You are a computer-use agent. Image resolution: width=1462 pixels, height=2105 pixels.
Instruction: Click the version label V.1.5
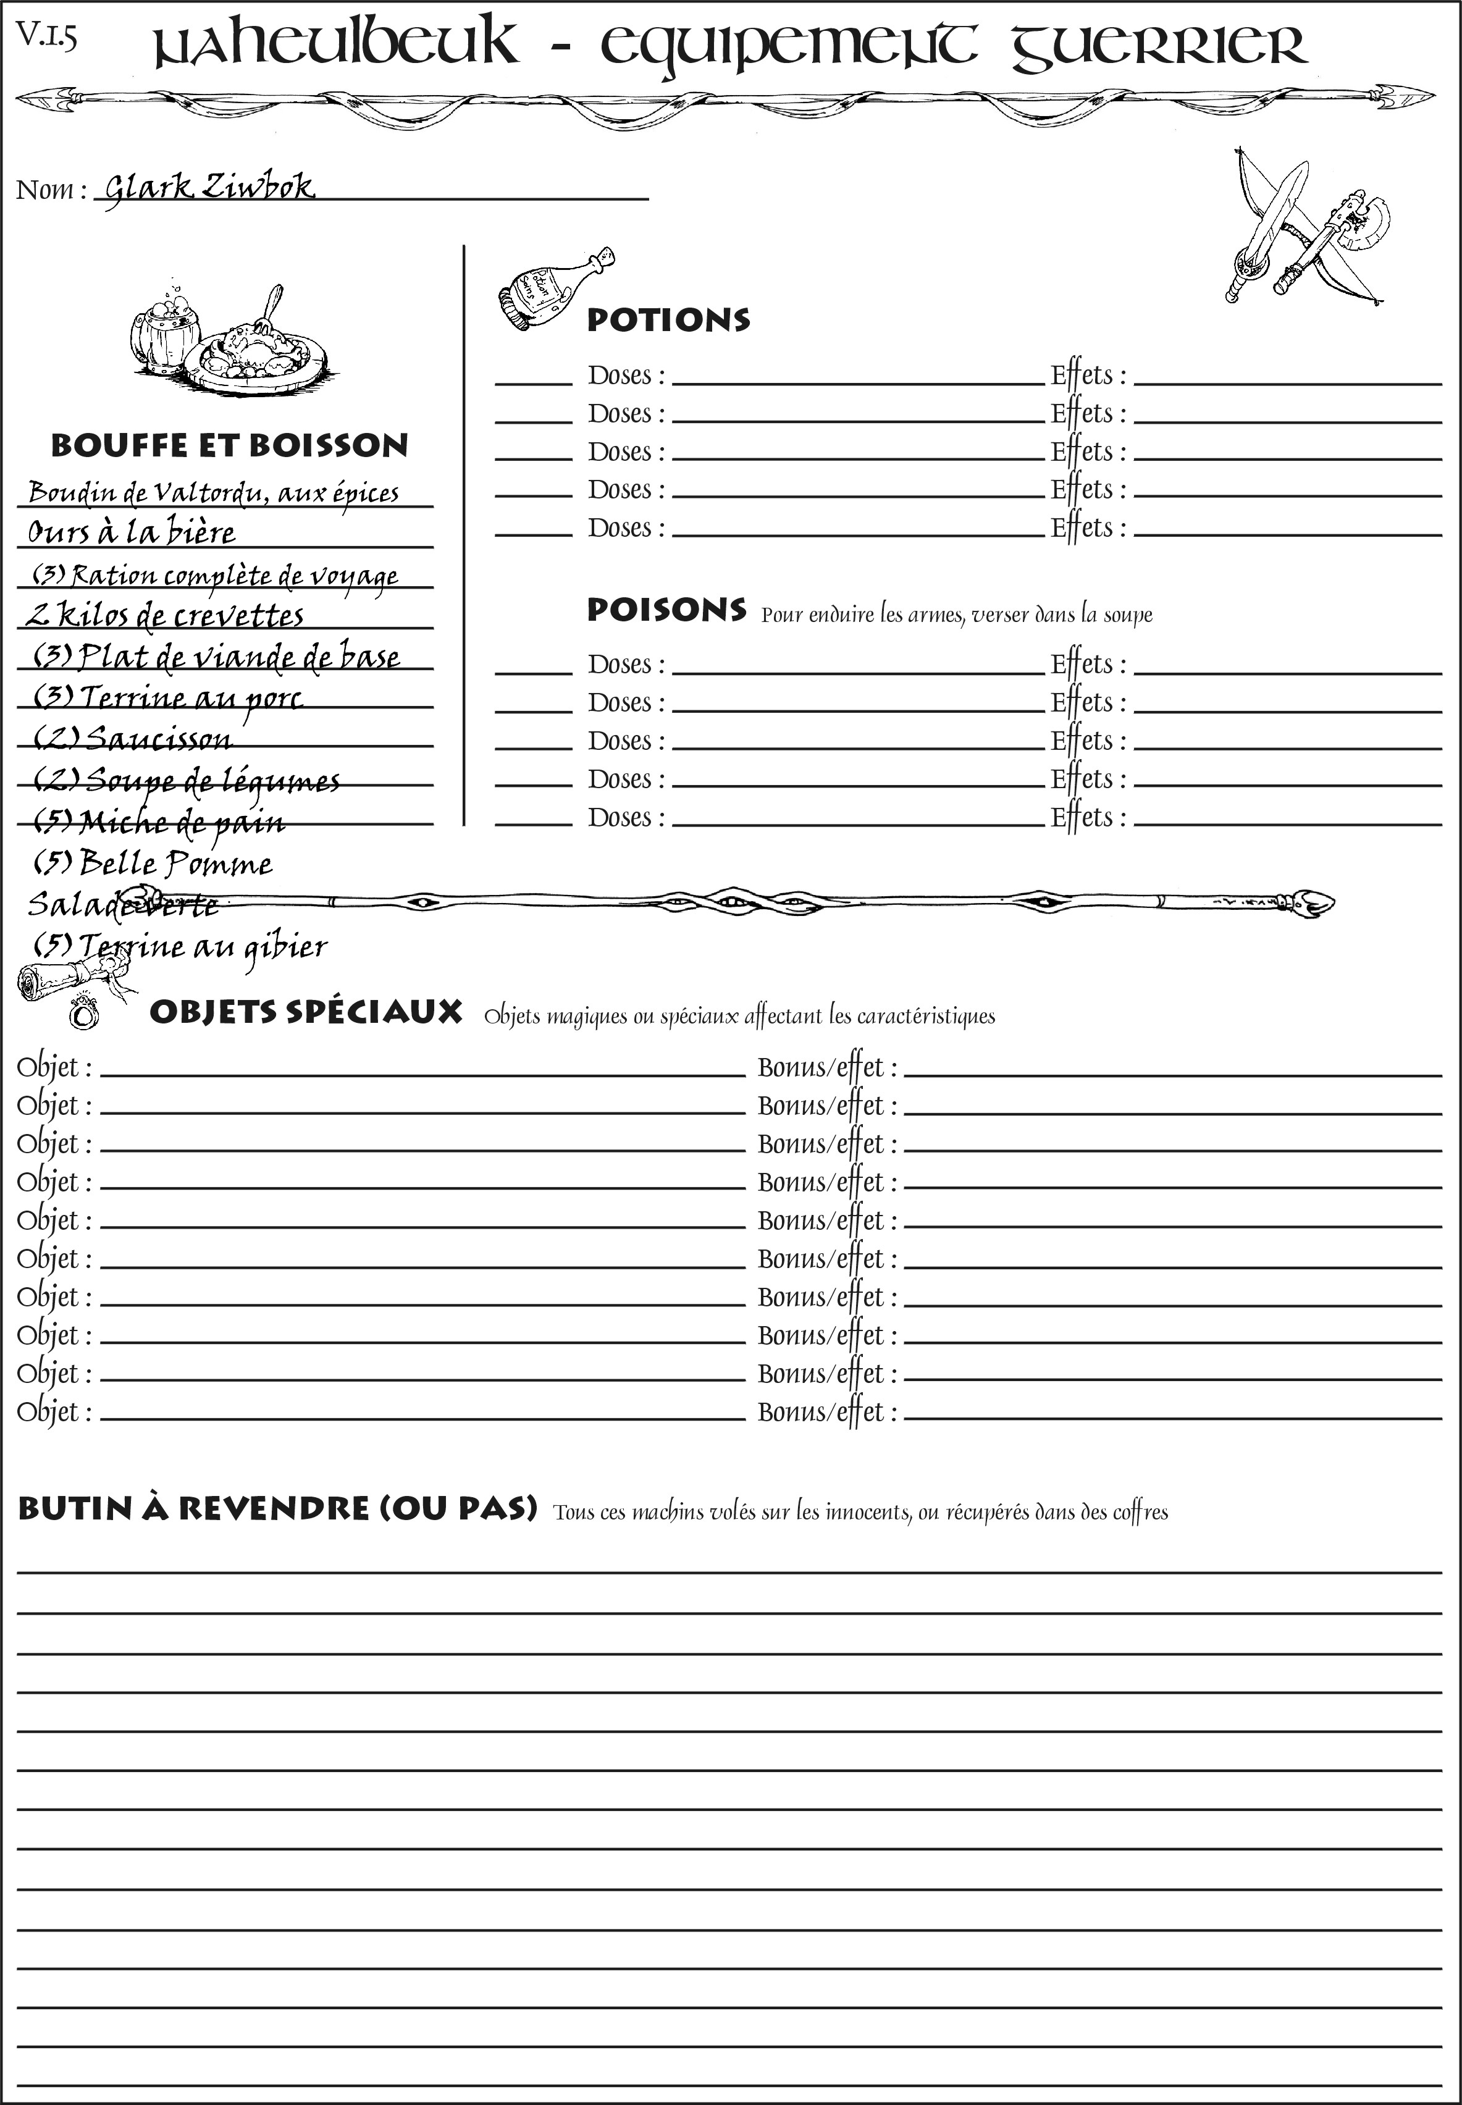pos(46,36)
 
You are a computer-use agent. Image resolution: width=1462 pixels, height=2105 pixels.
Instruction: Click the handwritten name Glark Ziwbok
pos(209,187)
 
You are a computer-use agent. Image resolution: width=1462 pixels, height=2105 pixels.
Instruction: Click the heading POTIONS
pos(668,320)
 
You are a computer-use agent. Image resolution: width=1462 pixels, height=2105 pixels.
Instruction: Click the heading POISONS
pos(666,610)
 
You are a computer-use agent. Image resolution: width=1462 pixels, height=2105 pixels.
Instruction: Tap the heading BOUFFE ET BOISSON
pos(229,446)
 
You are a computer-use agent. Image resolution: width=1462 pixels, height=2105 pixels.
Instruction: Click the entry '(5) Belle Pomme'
pos(153,863)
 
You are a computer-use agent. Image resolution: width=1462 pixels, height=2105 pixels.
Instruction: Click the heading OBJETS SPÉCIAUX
pos(305,1012)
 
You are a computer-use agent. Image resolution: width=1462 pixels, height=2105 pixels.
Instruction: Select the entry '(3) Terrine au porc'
pos(167,698)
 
